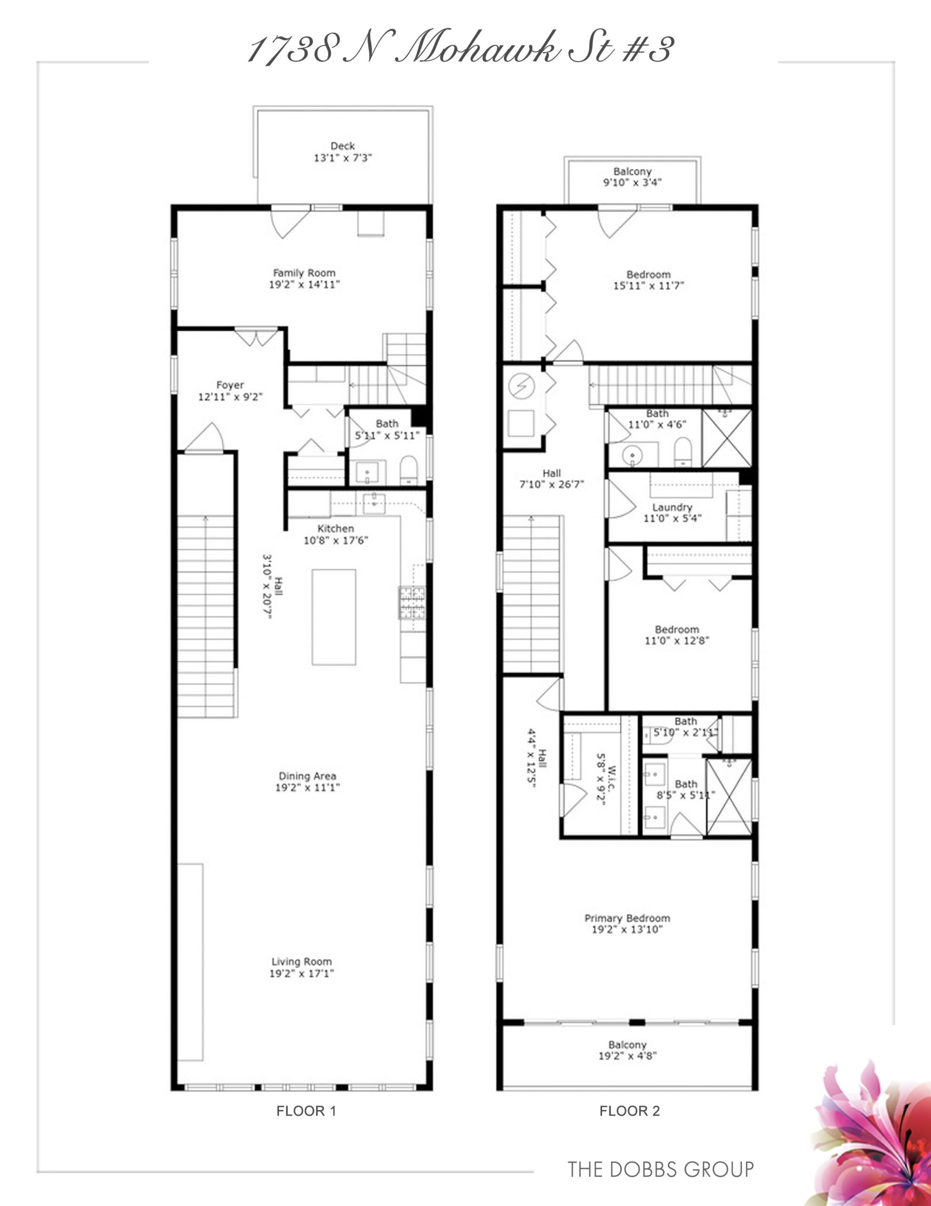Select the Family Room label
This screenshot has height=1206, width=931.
tap(304, 273)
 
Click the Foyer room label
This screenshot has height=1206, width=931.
tap(230, 385)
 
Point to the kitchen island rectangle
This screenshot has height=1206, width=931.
tap(333, 617)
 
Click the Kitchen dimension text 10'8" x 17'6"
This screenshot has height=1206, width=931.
tap(336, 541)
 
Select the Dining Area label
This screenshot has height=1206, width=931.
tap(307, 776)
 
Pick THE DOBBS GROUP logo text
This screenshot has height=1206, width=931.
tap(660, 1169)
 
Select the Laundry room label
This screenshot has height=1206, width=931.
tap(672, 507)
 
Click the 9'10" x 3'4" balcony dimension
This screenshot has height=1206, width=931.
tap(633, 182)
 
